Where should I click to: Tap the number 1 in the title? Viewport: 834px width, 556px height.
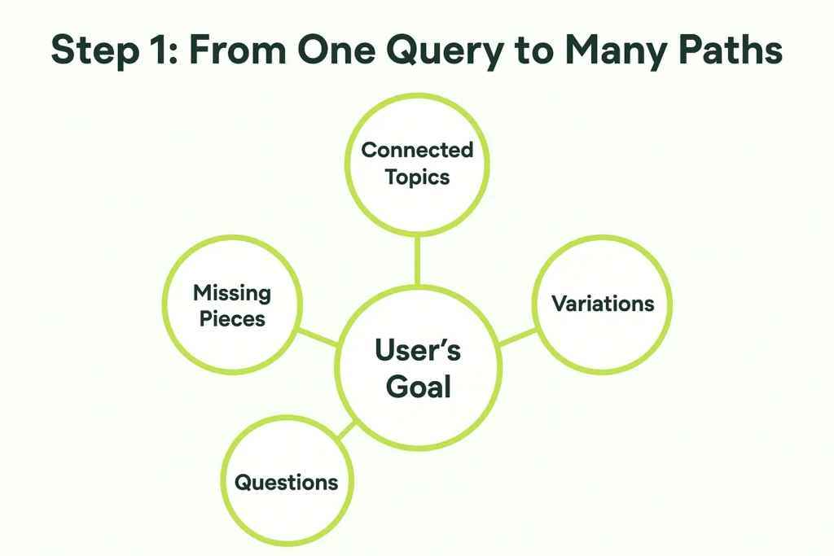[154, 50]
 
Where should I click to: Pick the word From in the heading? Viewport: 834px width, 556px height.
[237, 50]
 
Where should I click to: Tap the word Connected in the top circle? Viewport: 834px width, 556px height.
[417, 150]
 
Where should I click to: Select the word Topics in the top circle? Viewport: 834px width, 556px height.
[418, 177]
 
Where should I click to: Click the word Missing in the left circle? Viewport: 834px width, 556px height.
[232, 293]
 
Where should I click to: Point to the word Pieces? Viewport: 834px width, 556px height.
[232, 319]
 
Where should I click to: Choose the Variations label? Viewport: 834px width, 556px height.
[603, 304]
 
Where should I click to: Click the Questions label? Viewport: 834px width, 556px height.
[286, 483]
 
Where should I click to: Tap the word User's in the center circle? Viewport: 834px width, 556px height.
[418, 350]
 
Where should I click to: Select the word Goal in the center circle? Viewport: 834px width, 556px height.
[418, 387]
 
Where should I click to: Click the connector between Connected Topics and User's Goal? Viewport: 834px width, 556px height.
[418, 260]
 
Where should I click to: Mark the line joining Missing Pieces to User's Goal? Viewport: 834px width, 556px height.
[318, 337]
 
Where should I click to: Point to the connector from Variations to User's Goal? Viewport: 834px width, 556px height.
[517, 337]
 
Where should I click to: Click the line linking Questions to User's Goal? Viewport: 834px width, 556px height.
[347, 431]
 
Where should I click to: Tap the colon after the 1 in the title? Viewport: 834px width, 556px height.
[173, 54]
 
